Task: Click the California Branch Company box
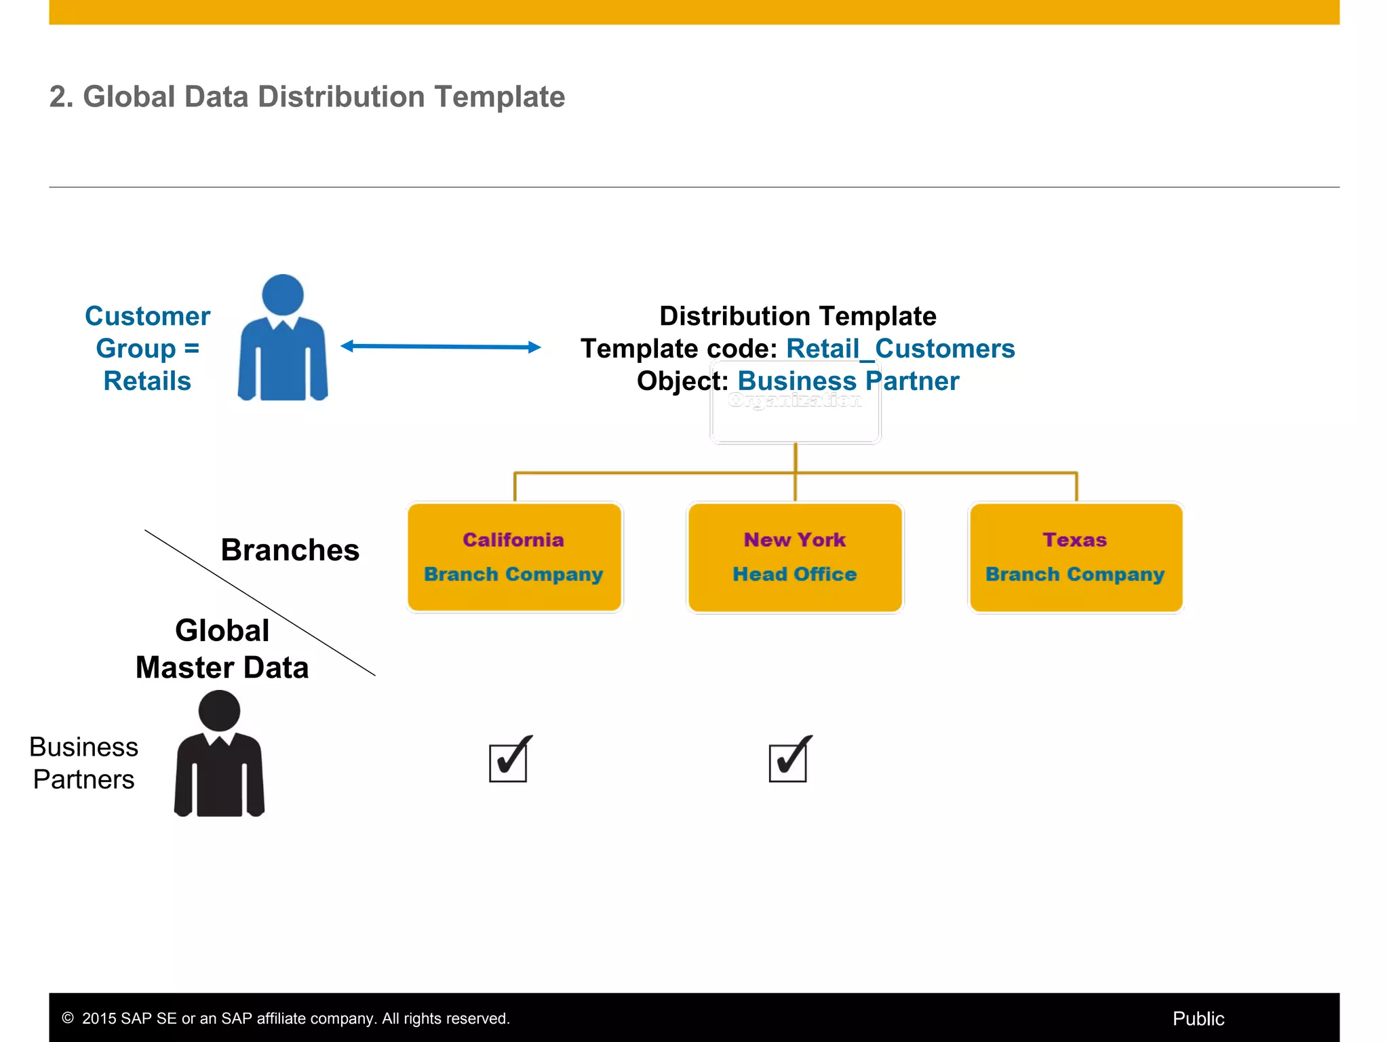point(514,557)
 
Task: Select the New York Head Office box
point(795,557)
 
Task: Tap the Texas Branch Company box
point(1076,557)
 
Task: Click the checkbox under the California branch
point(509,762)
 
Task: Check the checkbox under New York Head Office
point(788,762)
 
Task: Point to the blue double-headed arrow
point(441,347)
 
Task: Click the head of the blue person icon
point(282,294)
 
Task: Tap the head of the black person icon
point(219,710)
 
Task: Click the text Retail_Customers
point(900,349)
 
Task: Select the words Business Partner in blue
point(848,381)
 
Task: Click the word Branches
point(290,550)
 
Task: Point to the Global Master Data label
point(222,649)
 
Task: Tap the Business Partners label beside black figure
point(83,763)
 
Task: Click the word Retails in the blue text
point(147,381)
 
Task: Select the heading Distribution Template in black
point(798,316)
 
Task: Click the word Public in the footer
point(1198,1018)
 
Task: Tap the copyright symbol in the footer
point(68,1018)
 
